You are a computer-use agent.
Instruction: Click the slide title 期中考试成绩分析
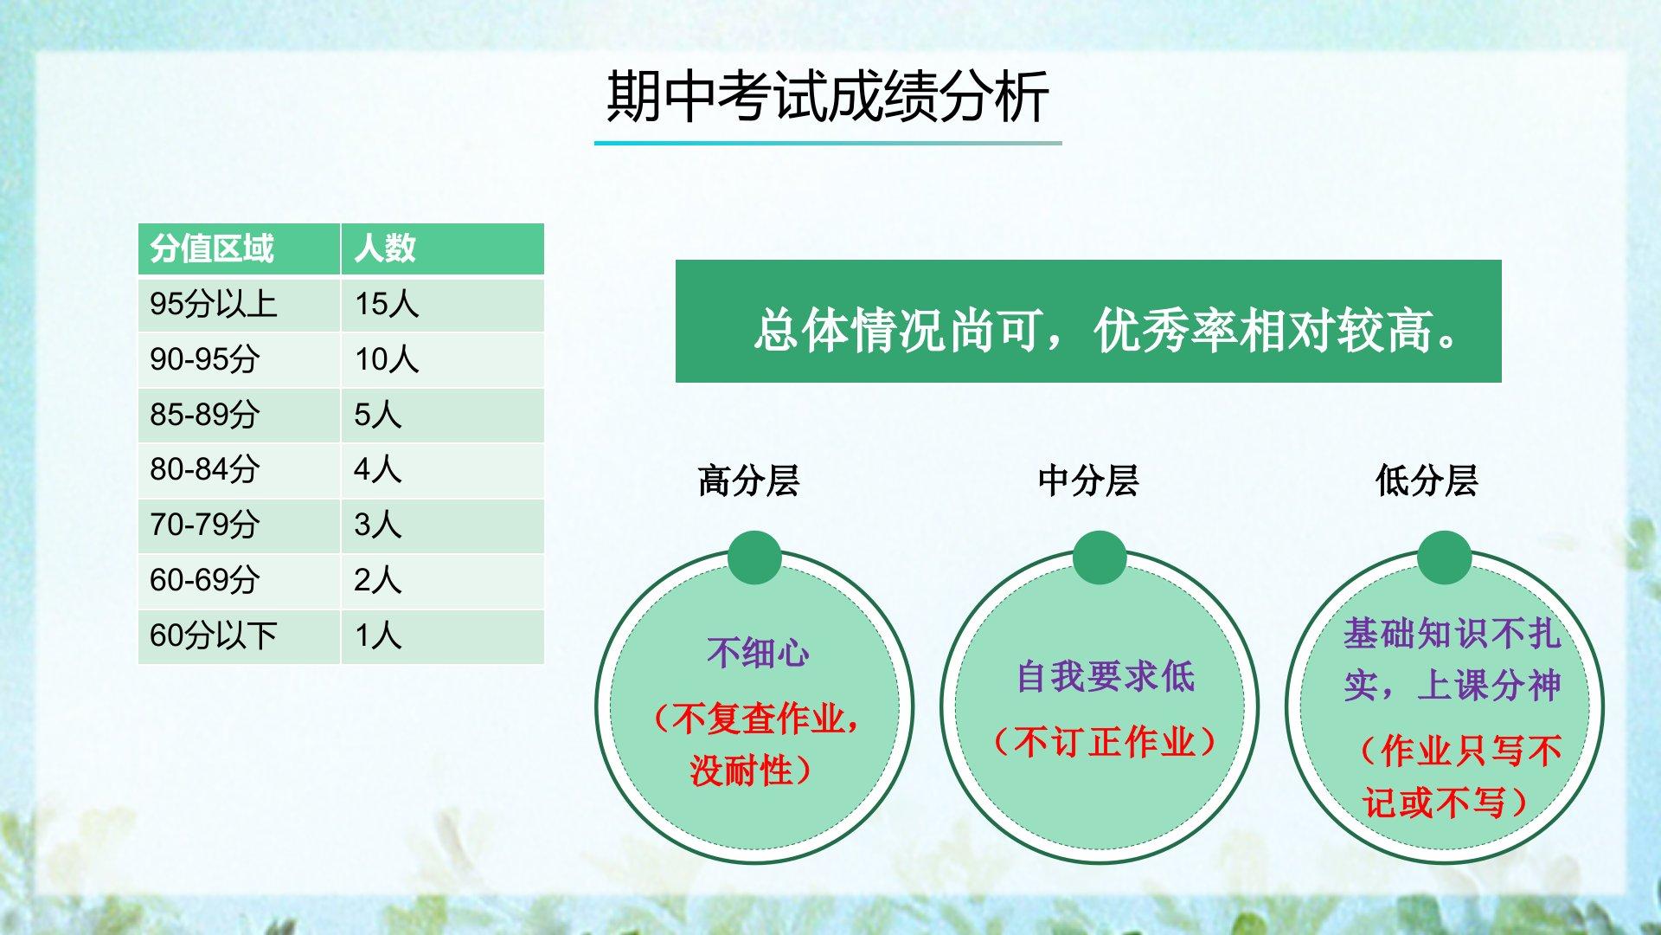(x=828, y=96)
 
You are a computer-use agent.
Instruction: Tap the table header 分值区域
(x=212, y=248)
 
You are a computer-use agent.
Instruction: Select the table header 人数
(x=385, y=248)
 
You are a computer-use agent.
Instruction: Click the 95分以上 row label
(x=213, y=304)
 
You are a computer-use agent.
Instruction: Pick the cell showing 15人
(x=387, y=304)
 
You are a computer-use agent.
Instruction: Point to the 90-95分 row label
(x=204, y=359)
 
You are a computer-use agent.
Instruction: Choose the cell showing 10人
(x=387, y=359)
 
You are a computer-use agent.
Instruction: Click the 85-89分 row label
(x=204, y=415)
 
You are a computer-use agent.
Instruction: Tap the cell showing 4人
(x=378, y=469)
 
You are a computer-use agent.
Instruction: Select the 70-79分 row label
(x=204, y=525)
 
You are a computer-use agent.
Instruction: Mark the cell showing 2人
(x=378, y=580)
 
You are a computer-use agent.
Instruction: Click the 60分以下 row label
(x=213, y=635)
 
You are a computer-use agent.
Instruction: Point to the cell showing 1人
(x=379, y=635)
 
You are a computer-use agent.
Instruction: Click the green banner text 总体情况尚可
(x=895, y=331)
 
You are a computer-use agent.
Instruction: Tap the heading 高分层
(x=748, y=480)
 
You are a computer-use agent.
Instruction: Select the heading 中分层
(x=1088, y=480)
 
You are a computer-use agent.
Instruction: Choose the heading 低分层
(x=1427, y=480)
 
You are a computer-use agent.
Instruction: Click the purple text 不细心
(x=758, y=653)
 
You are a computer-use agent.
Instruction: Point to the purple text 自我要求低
(x=1105, y=676)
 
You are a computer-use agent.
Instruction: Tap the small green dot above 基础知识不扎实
(x=1445, y=558)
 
